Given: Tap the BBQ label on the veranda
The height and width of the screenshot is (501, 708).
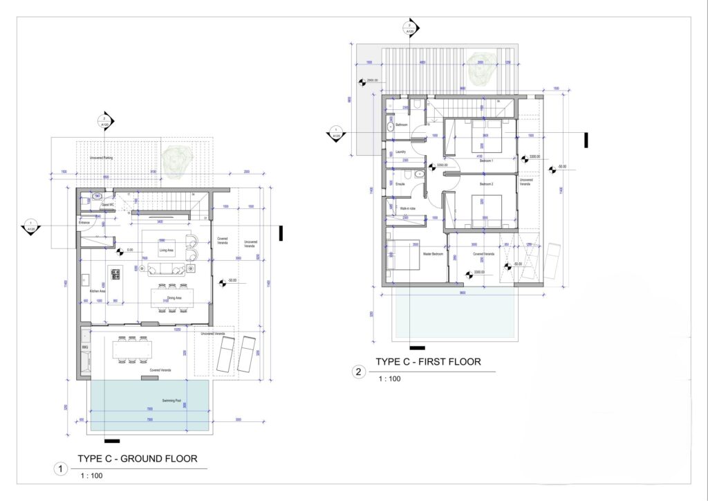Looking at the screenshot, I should click(x=86, y=347).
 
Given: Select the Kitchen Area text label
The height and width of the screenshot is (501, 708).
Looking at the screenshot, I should click(x=97, y=291).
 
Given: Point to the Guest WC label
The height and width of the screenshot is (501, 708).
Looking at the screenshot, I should click(x=107, y=205).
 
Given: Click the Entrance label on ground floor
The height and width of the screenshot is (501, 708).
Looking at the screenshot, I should click(x=85, y=222).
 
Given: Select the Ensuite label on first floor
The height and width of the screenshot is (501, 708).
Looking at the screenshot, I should click(x=400, y=183).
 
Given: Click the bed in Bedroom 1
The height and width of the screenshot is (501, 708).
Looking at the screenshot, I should click(x=481, y=139).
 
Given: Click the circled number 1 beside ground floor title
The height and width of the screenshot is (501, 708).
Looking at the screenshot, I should click(x=61, y=469).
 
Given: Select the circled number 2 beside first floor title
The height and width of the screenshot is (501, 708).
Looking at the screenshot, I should click(x=358, y=372).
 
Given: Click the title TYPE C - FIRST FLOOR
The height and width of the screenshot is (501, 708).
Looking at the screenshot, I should click(x=428, y=362).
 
